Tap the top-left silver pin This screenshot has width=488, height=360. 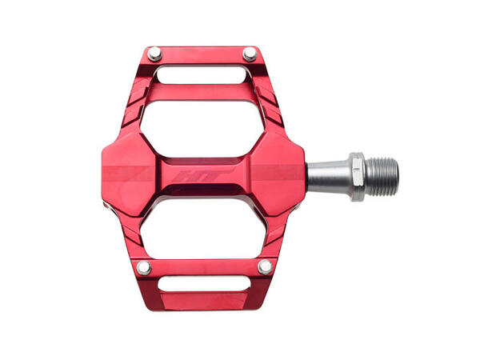pyautogui.click(x=154, y=54)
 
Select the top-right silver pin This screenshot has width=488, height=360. pyautogui.click(x=250, y=54)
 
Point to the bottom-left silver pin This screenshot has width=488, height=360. pyautogui.click(x=143, y=267)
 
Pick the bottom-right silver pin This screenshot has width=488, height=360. pyautogui.click(x=264, y=266)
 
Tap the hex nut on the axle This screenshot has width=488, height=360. pyautogui.click(x=357, y=176)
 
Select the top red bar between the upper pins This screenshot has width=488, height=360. pyautogui.click(x=202, y=55)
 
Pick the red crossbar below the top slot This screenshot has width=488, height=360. pyautogui.click(x=202, y=91)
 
